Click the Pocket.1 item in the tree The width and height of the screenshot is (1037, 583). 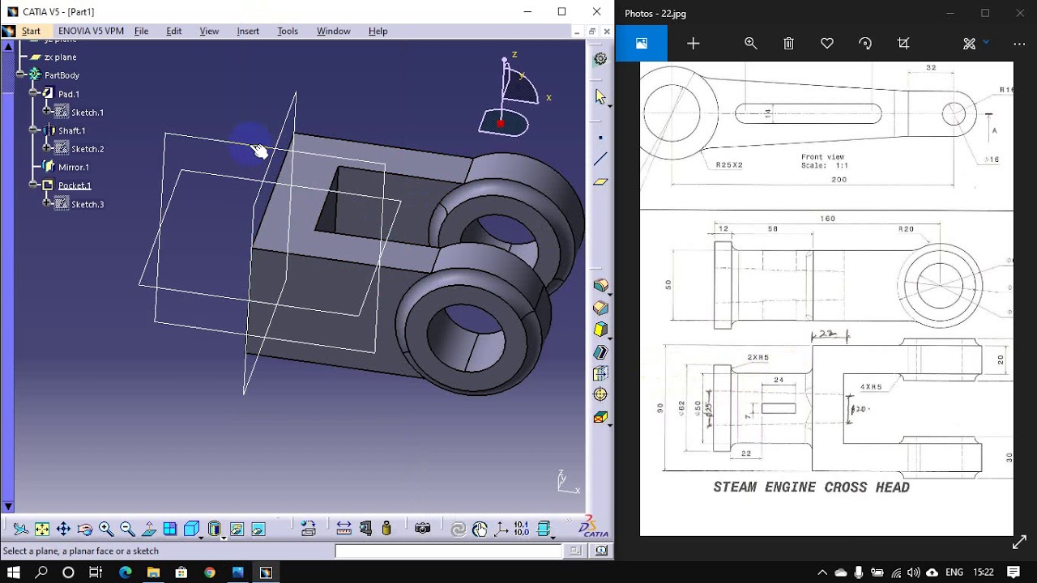click(x=75, y=185)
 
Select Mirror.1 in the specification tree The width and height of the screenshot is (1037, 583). click(x=73, y=167)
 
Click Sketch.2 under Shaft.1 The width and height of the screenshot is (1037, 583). click(x=87, y=149)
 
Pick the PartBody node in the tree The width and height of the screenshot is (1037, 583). click(x=62, y=75)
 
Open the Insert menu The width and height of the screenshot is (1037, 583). click(x=248, y=31)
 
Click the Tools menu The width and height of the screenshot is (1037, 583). click(x=288, y=31)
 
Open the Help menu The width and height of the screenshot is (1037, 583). click(x=378, y=31)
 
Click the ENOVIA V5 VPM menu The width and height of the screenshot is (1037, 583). click(x=91, y=31)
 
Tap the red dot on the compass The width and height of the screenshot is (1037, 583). click(x=501, y=124)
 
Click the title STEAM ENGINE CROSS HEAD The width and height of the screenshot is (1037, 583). click(x=811, y=487)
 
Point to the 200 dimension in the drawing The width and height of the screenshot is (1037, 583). click(x=839, y=180)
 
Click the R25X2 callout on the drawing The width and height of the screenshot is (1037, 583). click(x=729, y=165)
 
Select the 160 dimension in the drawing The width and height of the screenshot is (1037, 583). click(x=827, y=219)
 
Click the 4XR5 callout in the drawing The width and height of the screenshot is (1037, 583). click(x=871, y=387)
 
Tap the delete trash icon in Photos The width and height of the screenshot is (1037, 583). click(x=788, y=44)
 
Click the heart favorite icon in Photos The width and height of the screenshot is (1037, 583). click(x=826, y=44)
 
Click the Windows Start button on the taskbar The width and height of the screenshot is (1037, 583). click(x=14, y=572)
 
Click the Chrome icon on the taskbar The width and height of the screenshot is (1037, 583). click(x=210, y=572)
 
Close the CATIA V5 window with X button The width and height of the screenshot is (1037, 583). click(x=596, y=12)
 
